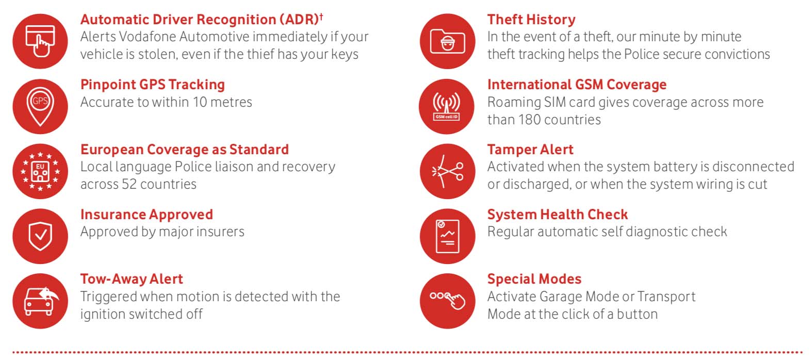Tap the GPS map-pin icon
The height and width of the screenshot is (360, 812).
[40, 106]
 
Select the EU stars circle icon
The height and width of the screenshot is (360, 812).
[40, 171]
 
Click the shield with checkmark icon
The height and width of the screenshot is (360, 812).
[40, 236]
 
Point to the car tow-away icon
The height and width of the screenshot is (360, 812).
[40, 301]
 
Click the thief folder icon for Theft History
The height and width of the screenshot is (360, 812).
[447, 41]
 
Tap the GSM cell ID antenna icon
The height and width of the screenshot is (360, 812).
[447, 106]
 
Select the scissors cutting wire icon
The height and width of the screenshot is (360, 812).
[447, 171]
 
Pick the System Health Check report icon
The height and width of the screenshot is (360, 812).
[447, 236]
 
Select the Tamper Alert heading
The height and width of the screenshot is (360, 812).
[530, 150]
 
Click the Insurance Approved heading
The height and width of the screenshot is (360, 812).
[147, 215]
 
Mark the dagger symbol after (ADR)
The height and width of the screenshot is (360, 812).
[321, 16]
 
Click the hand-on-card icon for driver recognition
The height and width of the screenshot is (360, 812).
[40, 41]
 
